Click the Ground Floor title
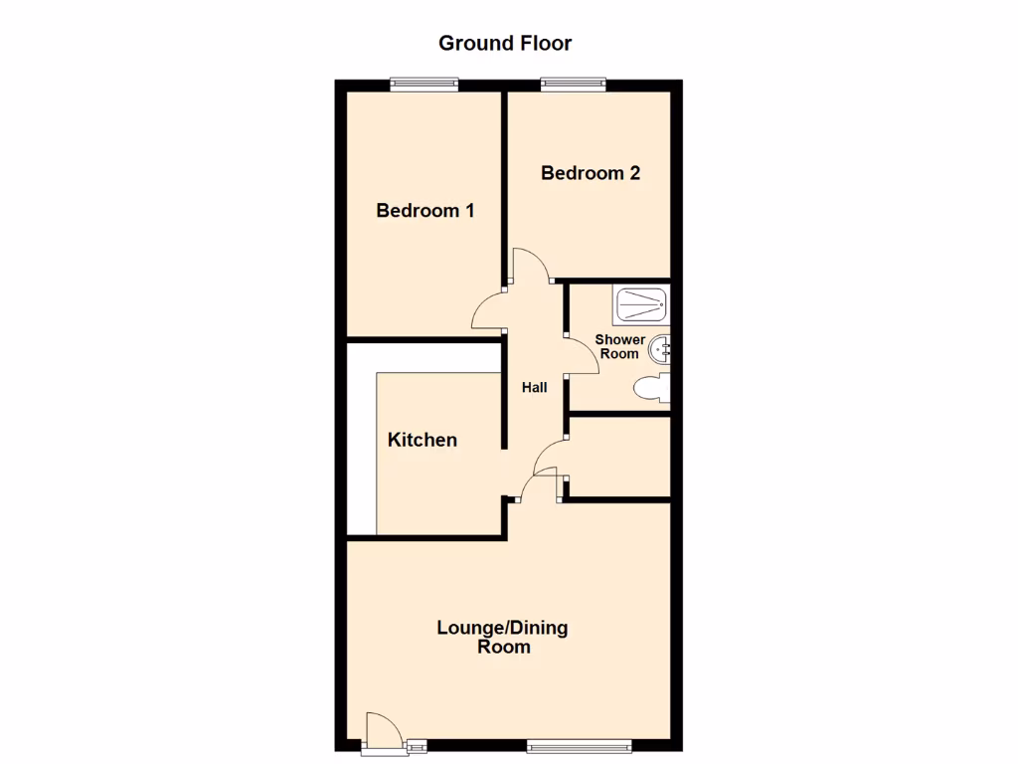(505, 43)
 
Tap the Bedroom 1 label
(424, 211)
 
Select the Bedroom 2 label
(590, 173)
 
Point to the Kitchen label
(423, 440)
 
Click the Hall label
(535, 388)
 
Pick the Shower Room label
(619, 346)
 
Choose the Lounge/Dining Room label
(503, 637)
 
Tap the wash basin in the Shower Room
(663, 349)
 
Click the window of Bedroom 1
(424, 86)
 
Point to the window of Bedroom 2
(574, 86)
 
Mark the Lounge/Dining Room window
(579, 745)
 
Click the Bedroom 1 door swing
(487, 311)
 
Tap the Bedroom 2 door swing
(530, 266)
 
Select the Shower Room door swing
(582, 356)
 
